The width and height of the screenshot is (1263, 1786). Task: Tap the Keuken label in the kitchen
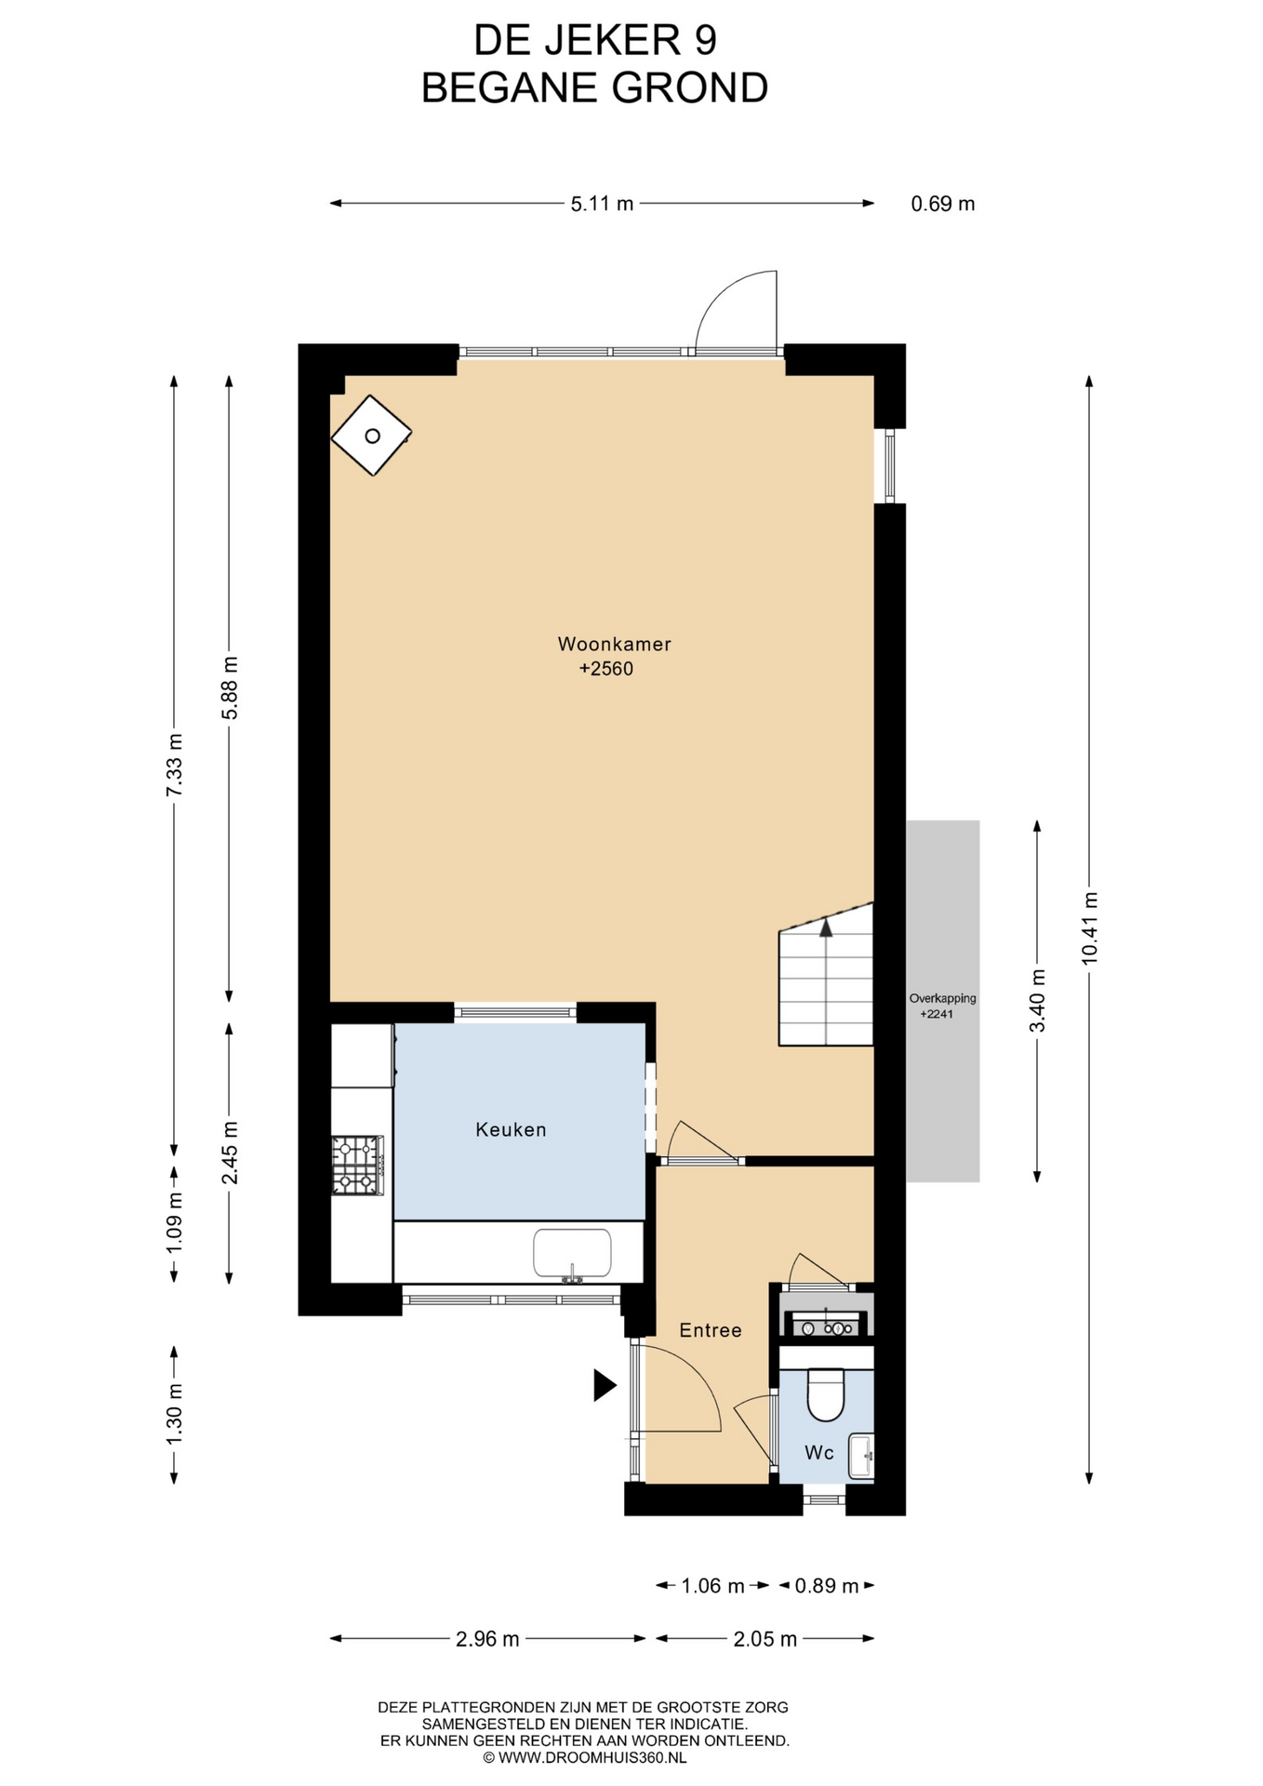(x=511, y=1129)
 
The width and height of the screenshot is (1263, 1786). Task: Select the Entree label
(x=711, y=1330)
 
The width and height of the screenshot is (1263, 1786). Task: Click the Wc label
(x=818, y=1452)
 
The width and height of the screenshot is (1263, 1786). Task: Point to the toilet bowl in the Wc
(x=825, y=1394)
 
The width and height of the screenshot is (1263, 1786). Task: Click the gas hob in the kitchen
(x=358, y=1165)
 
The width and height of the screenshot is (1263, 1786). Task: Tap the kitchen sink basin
(x=572, y=1254)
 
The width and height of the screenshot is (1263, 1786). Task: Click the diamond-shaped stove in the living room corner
(x=372, y=435)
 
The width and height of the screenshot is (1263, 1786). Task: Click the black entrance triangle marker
(x=605, y=1385)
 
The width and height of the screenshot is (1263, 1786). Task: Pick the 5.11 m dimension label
(x=602, y=204)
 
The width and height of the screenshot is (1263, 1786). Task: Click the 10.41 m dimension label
(x=1090, y=927)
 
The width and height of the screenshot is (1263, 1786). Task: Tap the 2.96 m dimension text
(x=487, y=1639)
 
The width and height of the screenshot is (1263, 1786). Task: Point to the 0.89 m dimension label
(x=826, y=1586)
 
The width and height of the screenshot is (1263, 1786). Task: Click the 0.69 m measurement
(x=943, y=204)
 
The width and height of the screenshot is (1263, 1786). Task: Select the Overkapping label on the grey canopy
(x=943, y=998)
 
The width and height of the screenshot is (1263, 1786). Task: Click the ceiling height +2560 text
(x=606, y=669)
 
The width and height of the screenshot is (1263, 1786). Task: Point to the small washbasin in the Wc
(x=862, y=1456)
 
